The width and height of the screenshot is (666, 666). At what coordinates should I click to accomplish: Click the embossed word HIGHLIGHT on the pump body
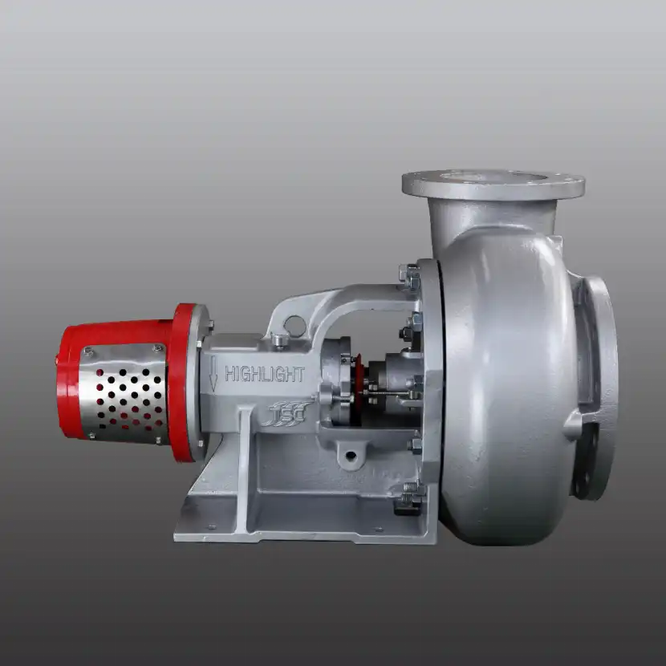264,374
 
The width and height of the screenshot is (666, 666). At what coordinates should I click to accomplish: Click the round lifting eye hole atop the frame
294,325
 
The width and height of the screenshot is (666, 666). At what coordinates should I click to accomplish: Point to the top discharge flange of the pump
493,183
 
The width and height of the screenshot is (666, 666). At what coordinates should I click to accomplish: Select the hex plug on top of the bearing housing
278,340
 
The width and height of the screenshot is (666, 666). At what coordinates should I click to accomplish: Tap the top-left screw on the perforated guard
88,351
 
